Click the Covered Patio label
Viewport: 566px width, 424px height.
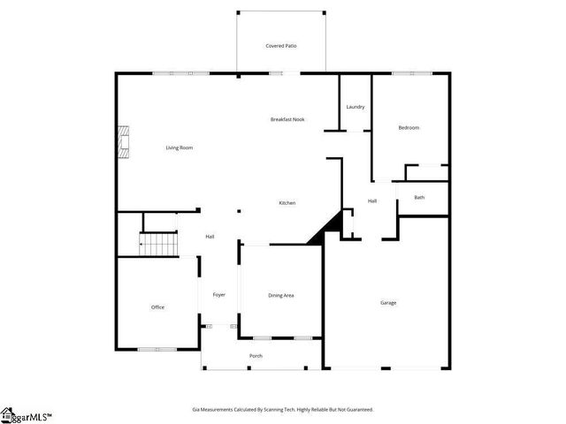[280, 45]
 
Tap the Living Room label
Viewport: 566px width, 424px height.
[180, 148]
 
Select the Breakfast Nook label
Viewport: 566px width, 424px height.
[287, 119]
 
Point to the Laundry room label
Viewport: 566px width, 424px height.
[356, 107]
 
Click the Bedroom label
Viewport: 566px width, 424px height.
[409, 128]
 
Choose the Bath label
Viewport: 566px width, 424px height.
[419, 197]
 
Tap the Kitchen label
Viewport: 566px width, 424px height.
[287, 203]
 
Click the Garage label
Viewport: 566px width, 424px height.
[388, 303]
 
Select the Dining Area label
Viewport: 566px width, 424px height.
[281, 295]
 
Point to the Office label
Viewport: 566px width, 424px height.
[157, 307]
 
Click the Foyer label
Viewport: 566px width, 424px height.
[219, 295]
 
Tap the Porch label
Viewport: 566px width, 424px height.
[256, 356]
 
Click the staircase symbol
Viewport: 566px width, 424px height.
[159, 243]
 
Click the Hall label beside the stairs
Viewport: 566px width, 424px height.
[210, 237]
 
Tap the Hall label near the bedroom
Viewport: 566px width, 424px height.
[372, 201]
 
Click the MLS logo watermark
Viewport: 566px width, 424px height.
[27, 415]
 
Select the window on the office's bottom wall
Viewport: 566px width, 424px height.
[157, 349]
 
